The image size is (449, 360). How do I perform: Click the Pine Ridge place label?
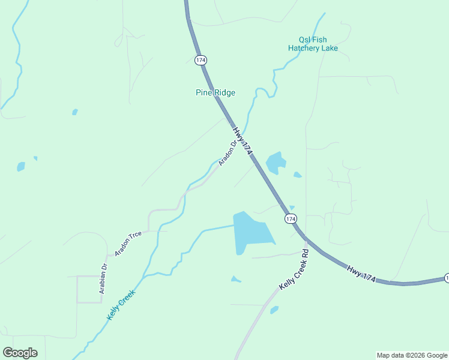pos(215,92)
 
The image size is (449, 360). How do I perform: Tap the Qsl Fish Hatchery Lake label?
pos(313,44)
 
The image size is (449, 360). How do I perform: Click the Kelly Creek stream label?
pos(121,304)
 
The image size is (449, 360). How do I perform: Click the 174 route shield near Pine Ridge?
pos(200,59)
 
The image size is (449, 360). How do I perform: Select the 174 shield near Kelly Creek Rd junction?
pos(291,219)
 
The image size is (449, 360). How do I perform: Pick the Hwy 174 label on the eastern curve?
pos(361,271)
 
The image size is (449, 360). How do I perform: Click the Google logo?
pos(20,353)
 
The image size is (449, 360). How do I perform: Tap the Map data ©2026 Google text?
pos(412,355)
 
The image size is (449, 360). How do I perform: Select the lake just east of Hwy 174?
pos(276,163)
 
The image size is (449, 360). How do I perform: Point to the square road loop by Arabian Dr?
pos(89,289)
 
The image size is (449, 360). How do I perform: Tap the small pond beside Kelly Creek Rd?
pos(274,310)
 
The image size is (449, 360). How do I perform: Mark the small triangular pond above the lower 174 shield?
pos(292,208)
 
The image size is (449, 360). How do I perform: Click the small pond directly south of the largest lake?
pos(235,279)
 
